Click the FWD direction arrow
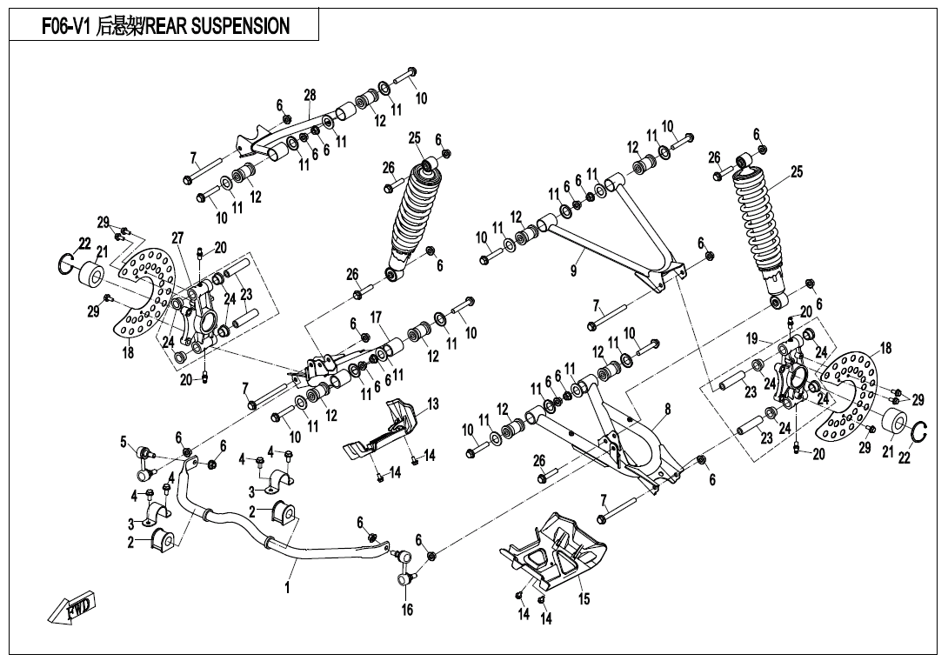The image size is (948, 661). (72, 606)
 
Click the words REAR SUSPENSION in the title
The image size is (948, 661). (217, 27)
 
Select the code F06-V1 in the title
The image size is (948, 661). (67, 27)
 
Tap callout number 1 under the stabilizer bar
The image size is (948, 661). (287, 588)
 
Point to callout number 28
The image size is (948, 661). (310, 95)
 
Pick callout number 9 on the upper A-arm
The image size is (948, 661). (573, 271)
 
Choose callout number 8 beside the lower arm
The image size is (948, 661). (667, 408)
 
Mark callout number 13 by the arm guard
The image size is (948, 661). (432, 404)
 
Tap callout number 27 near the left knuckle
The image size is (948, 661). (177, 237)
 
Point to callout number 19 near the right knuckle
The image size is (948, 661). (752, 338)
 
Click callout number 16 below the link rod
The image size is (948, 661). (407, 610)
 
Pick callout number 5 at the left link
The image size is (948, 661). (124, 442)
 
